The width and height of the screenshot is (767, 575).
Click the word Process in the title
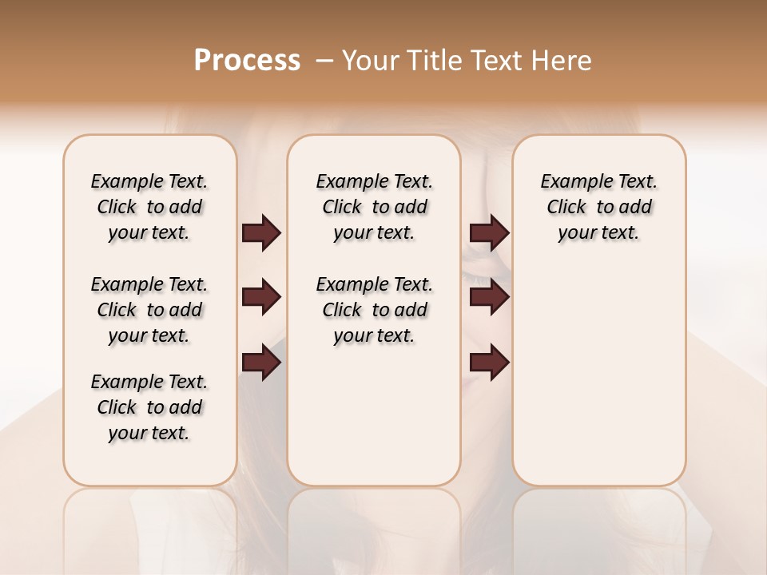click(x=247, y=61)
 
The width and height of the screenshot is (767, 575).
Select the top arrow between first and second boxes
click(x=261, y=233)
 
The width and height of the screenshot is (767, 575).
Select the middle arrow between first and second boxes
click(x=261, y=298)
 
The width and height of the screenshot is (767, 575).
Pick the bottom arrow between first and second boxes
click(x=261, y=363)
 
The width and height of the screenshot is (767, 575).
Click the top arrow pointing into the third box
click(x=490, y=233)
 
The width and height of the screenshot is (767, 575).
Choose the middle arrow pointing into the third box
click(x=490, y=298)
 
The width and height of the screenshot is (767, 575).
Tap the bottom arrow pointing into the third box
click(x=490, y=363)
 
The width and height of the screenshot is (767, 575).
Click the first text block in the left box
click(x=149, y=207)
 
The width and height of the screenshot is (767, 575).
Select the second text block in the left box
click(x=149, y=310)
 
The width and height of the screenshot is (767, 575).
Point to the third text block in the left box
click(x=149, y=407)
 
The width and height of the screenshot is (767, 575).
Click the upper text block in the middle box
click(x=374, y=207)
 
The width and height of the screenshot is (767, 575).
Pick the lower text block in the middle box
click(x=374, y=310)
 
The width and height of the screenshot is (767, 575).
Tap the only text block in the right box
click(x=598, y=207)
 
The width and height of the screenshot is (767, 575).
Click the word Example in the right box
click(x=569, y=182)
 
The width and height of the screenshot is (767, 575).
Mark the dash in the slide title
click(x=324, y=61)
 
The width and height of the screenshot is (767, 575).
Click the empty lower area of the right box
click(x=598, y=383)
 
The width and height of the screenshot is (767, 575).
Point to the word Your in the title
click(x=368, y=61)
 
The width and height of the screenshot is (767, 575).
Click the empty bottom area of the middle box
click(x=374, y=423)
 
